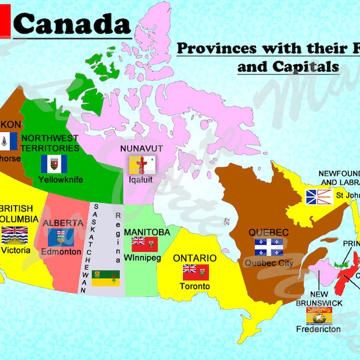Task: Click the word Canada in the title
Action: (x=71, y=25)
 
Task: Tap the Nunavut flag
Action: (x=143, y=163)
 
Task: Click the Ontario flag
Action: (x=196, y=271)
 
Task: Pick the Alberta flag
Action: (x=62, y=238)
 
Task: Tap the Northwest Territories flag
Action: (x=54, y=164)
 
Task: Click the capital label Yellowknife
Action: (x=60, y=179)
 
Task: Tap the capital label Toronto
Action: (x=195, y=286)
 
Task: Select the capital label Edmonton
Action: (x=61, y=252)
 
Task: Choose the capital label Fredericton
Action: (x=318, y=329)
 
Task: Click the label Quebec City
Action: (x=266, y=262)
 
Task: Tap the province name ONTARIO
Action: (x=194, y=258)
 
